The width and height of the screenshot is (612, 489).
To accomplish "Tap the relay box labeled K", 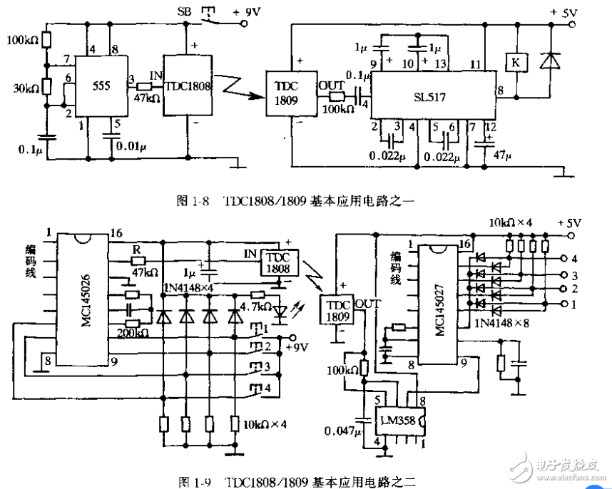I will (x=514, y=63).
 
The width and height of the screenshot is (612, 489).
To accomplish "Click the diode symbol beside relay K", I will (x=549, y=63).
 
